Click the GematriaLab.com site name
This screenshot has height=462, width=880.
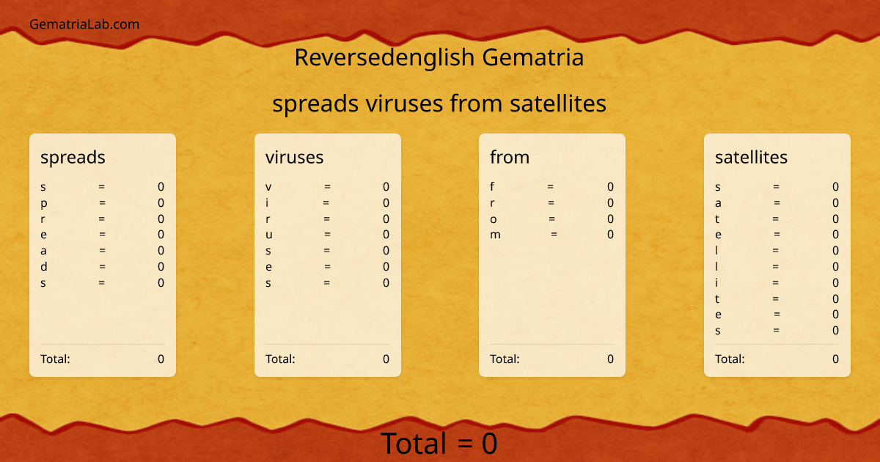click(84, 24)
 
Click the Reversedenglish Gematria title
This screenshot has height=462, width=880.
click(439, 57)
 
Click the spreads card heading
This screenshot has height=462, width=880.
click(73, 157)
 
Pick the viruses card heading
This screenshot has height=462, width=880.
click(294, 157)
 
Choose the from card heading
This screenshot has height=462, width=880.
click(510, 157)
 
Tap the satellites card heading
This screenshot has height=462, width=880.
click(751, 157)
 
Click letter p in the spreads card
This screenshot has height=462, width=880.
click(44, 203)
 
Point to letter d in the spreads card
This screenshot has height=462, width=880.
click(44, 267)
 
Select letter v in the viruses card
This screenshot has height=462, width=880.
click(268, 187)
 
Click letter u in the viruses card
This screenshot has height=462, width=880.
click(268, 235)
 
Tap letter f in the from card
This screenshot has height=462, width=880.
click(493, 187)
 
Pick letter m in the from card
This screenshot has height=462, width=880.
click(496, 235)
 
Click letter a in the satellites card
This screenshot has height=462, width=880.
click(718, 203)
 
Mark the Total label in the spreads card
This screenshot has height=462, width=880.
click(55, 359)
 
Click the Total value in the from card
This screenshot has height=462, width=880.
click(610, 359)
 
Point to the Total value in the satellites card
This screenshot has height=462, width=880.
click(835, 359)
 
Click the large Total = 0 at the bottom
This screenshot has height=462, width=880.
click(439, 444)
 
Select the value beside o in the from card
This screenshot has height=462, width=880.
click(610, 219)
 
